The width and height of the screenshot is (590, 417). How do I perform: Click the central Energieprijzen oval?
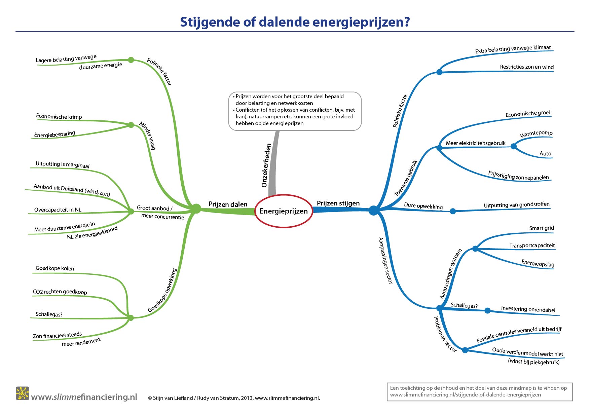(x=284, y=211)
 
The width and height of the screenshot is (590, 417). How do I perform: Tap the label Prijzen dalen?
(x=228, y=204)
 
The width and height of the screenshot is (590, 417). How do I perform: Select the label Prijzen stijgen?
(x=338, y=203)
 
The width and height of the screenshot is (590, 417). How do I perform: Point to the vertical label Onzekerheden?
(x=266, y=165)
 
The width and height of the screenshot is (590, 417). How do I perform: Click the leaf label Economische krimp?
(x=59, y=116)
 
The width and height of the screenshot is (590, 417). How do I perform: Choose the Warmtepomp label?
(x=536, y=134)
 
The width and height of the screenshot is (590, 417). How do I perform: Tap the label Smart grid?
(x=542, y=228)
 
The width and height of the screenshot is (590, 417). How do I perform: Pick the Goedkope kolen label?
(x=55, y=268)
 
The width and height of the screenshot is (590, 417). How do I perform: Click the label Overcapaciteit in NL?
(x=58, y=210)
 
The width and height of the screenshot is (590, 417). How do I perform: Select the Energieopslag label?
(x=538, y=263)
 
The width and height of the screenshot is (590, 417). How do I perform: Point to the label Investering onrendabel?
(x=528, y=309)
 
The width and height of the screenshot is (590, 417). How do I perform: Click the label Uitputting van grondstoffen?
(x=517, y=205)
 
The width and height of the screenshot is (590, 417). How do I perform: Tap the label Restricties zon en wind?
(x=527, y=67)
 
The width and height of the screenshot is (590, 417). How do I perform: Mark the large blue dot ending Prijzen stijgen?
(x=373, y=211)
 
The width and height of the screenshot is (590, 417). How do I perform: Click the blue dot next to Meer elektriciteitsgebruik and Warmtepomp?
(x=514, y=146)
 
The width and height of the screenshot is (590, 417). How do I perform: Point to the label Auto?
(x=545, y=154)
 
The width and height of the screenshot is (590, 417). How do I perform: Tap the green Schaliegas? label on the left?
(x=49, y=314)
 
